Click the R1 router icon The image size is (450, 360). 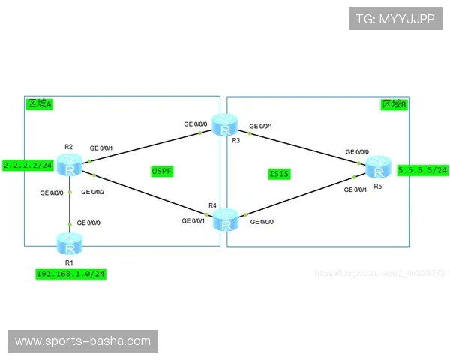tap(70, 243)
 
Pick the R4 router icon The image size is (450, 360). tap(225, 219)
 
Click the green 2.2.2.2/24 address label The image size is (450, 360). tap(27, 165)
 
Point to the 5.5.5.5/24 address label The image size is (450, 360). tap(423, 170)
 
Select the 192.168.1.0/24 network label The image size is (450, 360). tap(70, 274)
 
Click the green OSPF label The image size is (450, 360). tap(162, 172)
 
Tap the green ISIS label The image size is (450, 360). tap(279, 174)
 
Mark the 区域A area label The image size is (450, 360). tap(39, 104)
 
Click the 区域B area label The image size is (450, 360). tap(394, 104)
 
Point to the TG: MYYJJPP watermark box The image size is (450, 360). tap(394, 19)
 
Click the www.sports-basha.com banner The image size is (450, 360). tap(82, 341)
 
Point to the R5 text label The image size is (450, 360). tap(377, 185)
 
